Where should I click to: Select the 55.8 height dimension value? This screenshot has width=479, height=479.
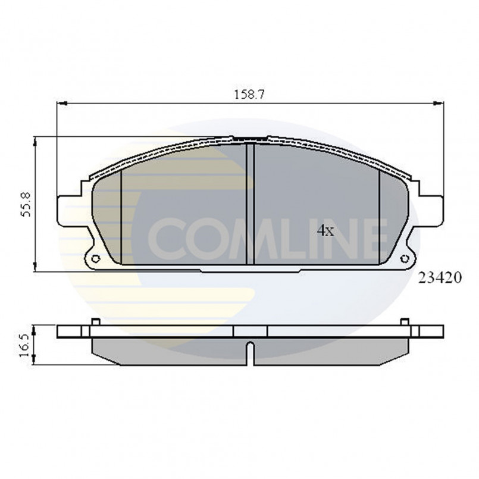[x=26, y=204]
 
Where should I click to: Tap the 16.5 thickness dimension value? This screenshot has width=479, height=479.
[x=25, y=343]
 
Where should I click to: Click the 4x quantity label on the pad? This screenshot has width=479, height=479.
[x=325, y=230]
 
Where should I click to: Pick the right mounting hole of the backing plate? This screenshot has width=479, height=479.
[x=405, y=258]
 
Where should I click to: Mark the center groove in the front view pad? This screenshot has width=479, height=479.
[x=250, y=202]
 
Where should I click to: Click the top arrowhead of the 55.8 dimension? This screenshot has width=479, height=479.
[x=36, y=140]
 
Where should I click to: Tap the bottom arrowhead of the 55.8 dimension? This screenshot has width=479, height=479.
[x=36, y=268]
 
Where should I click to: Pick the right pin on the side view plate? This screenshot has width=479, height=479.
[x=405, y=322]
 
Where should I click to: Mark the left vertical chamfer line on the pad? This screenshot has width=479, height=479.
[x=121, y=217]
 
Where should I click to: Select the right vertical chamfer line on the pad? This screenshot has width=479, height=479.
[x=379, y=217]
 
